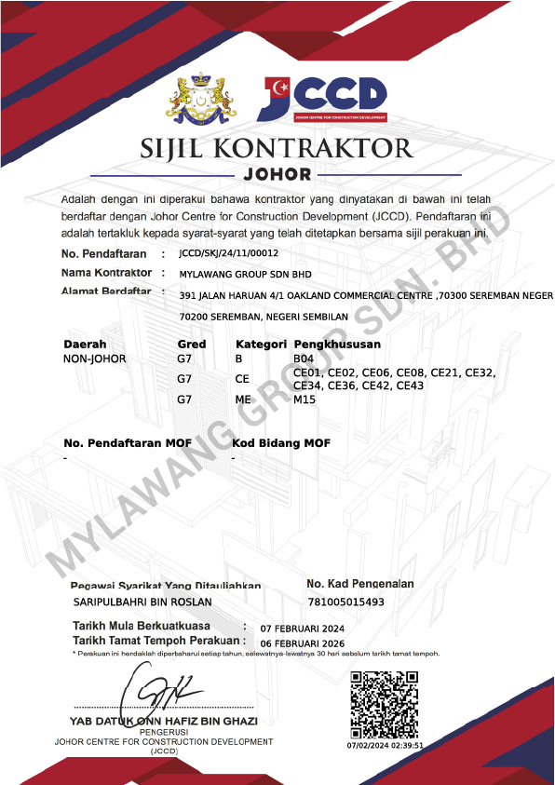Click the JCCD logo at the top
(x=322, y=98)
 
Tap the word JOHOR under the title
(x=277, y=174)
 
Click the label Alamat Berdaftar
(x=106, y=292)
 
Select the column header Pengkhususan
(x=337, y=345)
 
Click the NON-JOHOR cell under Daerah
(x=94, y=359)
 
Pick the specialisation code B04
(x=305, y=359)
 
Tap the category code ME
(x=243, y=399)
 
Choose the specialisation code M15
(x=305, y=399)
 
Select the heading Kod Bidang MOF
(x=281, y=442)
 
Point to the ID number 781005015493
(x=345, y=602)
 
